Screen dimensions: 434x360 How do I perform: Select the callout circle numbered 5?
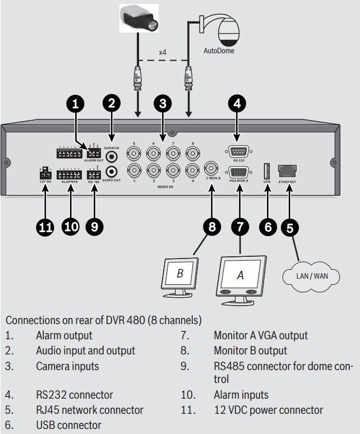289,227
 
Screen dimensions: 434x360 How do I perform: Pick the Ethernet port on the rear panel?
287,170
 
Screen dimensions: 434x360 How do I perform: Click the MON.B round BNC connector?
211,168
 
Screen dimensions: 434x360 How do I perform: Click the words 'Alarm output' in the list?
64,335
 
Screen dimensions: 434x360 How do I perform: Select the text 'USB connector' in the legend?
68,425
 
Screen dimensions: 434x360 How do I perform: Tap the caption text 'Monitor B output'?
250,350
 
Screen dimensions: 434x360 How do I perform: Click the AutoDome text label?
219,50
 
